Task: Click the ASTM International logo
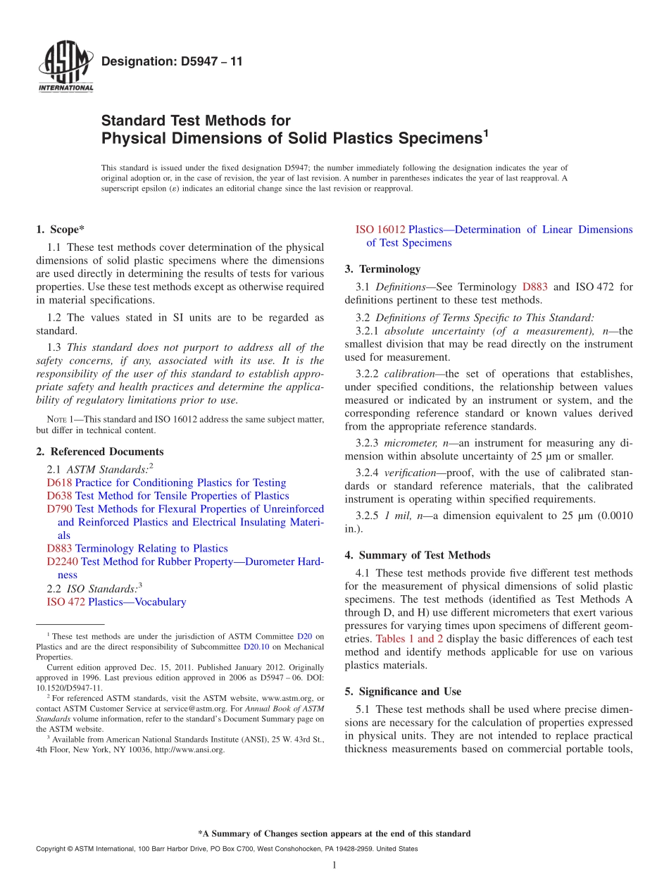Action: (x=65, y=68)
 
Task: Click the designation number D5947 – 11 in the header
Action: (x=172, y=62)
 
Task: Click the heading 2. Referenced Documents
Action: (x=99, y=452)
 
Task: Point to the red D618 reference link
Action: (x=59, y=483)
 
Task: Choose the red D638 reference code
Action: (x=59, y=496)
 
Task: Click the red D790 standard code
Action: (x=59, y=509)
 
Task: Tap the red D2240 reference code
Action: (x=63, y=561)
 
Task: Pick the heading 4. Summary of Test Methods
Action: (x=417, y=555)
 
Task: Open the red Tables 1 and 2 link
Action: (x=409, y=639)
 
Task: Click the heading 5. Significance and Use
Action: (x=403, y=692)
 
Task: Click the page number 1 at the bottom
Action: (x=334, y=865)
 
